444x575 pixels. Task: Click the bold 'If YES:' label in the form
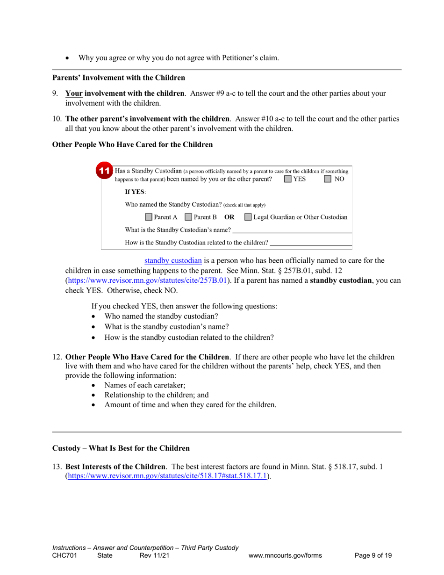point(135,192)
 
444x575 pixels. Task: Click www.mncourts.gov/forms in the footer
point(286,555)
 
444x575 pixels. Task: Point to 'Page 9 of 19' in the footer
point(373,555)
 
